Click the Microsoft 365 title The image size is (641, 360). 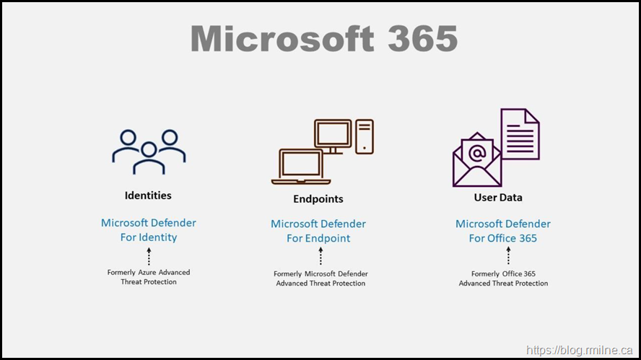pyautogui.click(x=324, y=39)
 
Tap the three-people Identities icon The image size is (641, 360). pyautogui.click(x=149, y=151)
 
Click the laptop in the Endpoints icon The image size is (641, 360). pyautogui.click(x=300, y=167)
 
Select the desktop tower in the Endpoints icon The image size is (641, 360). pyautogui.click(x=365, y=136)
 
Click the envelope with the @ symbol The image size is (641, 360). pyautogui.click(x=476, y=159)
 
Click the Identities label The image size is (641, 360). pyautogui.click(x=148, y=196)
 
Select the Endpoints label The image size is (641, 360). pyautogui.click(x=318, y=199)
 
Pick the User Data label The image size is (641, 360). pyautogui.click(x=498, y=198)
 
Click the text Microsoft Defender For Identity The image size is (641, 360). pyautogui.click(x=149, y=230)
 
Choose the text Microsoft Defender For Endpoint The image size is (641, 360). pyautogui.click(x=318, y=231)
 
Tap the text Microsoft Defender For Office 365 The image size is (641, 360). pyautogui.click(x=503, y=231)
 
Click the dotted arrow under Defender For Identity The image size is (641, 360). pyautogui.click(x=149, y=256)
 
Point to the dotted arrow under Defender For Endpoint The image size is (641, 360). pyautogui.click(x=320, y=256)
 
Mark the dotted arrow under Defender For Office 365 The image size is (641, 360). pyautogui.click(x=509, y=255)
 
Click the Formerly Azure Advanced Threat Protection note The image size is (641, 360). pyautogui.click(x=149, y=277)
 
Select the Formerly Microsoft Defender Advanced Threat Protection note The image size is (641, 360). pyautogui.click(x=320, y=278)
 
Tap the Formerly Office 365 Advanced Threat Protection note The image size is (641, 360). pyautogui.click(x=503, y=278)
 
